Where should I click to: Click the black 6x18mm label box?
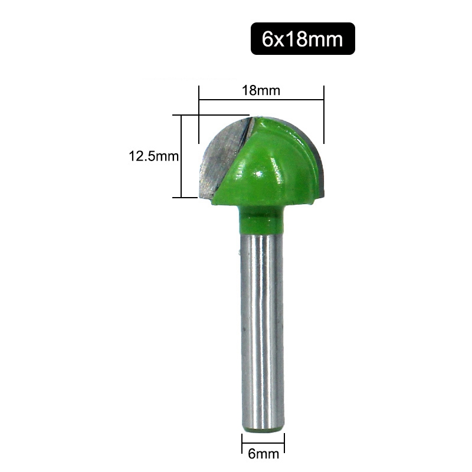click(303, 39)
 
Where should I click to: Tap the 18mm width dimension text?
click(260, 91)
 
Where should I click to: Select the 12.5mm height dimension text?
click(153, 156)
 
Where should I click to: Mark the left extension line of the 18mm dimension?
click(199, 118)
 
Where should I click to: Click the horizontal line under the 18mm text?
click(261, 101)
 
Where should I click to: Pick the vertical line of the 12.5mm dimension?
click(181, 156)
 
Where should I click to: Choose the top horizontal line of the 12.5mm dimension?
click(212, 114)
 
